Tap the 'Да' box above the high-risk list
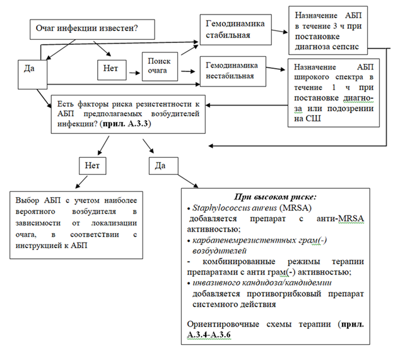pyautogui.click(x=161, y=165)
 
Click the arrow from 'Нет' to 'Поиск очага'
pyautogui.click(x=134, y=66)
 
